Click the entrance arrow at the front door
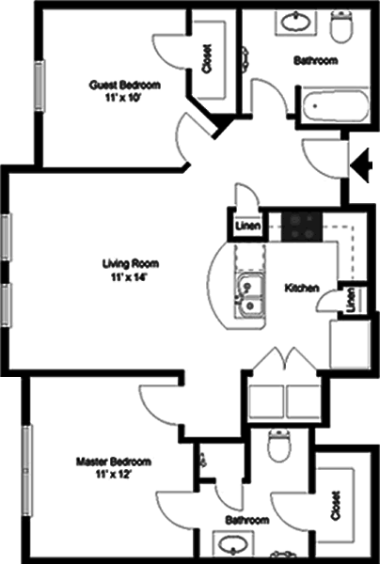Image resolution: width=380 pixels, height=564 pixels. (x=360, y=165)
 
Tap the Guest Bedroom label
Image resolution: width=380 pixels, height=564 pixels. (x=124, y=86)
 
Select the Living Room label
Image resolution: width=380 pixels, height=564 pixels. (x=131, y=263)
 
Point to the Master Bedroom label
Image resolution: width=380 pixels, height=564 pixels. (x=114, y=462)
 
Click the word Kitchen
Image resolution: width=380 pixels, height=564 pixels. (x=302, y=288)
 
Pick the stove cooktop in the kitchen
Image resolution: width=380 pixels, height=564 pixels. (x=302, y=227)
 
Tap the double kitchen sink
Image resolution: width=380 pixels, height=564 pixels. (x=250, y=296)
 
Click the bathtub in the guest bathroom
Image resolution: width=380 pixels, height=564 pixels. (x=335, y=106)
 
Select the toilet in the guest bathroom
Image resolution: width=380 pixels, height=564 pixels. (x=341, y=26)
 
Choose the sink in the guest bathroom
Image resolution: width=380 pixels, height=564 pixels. (x=295, y=23)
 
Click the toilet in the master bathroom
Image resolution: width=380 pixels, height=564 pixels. (x=278, y=445)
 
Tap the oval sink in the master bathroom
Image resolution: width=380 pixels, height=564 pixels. (x=232, y=543)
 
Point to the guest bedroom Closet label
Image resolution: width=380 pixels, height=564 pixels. (x=207, y=59)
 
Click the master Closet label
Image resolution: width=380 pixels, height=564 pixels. (x=336, y=506)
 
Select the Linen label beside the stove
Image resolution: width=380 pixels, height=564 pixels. (x=247, y=226)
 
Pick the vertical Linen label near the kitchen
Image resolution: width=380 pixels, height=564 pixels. (x=351, y=300)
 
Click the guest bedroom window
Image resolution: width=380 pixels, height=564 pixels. (x=40, y=86)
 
